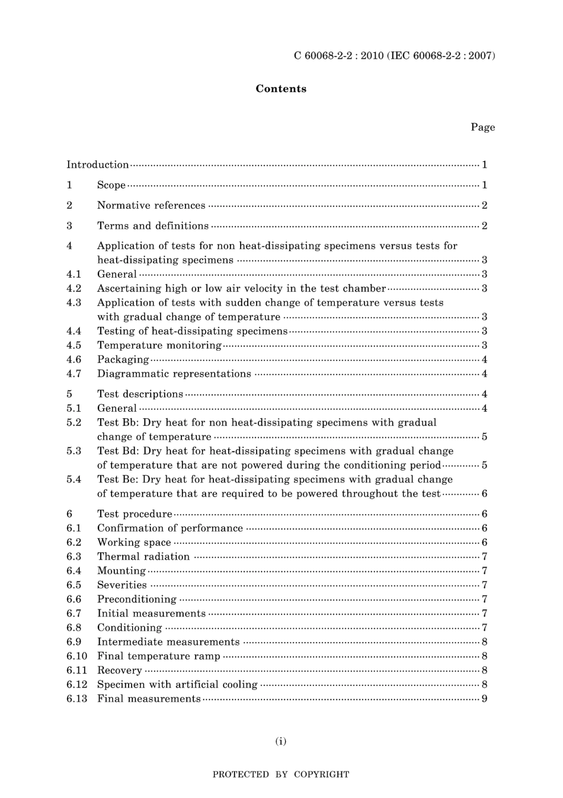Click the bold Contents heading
point(281,89)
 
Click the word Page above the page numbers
point(482,127)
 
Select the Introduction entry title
point(97,165)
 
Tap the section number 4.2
point(74,288)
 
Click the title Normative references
point(151,205)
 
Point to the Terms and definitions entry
point(153,225)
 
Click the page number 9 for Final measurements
point(484,699)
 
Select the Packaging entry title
point(123,360)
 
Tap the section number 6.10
point(77,656)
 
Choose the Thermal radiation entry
point(143,557)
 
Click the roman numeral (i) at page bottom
point(281,741)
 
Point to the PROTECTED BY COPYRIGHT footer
point(281,774)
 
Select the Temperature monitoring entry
point(159,345)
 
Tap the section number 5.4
point(74,479)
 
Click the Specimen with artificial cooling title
point(177,685)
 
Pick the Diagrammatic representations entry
point(174,374)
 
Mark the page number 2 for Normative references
point(484,205)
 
